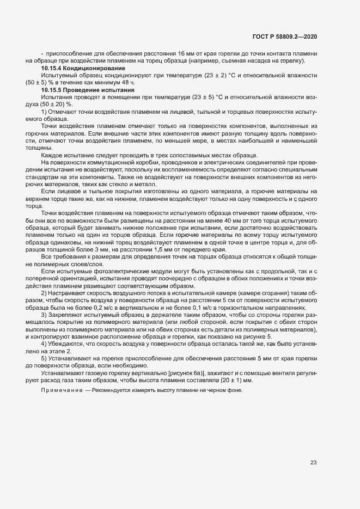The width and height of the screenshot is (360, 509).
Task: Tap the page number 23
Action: (x=313, y=463)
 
